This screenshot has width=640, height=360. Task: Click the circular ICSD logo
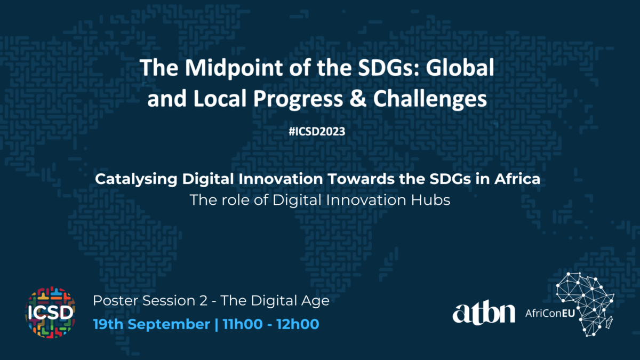click(50, 312)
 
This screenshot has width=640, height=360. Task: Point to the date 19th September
click(151, 324)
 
